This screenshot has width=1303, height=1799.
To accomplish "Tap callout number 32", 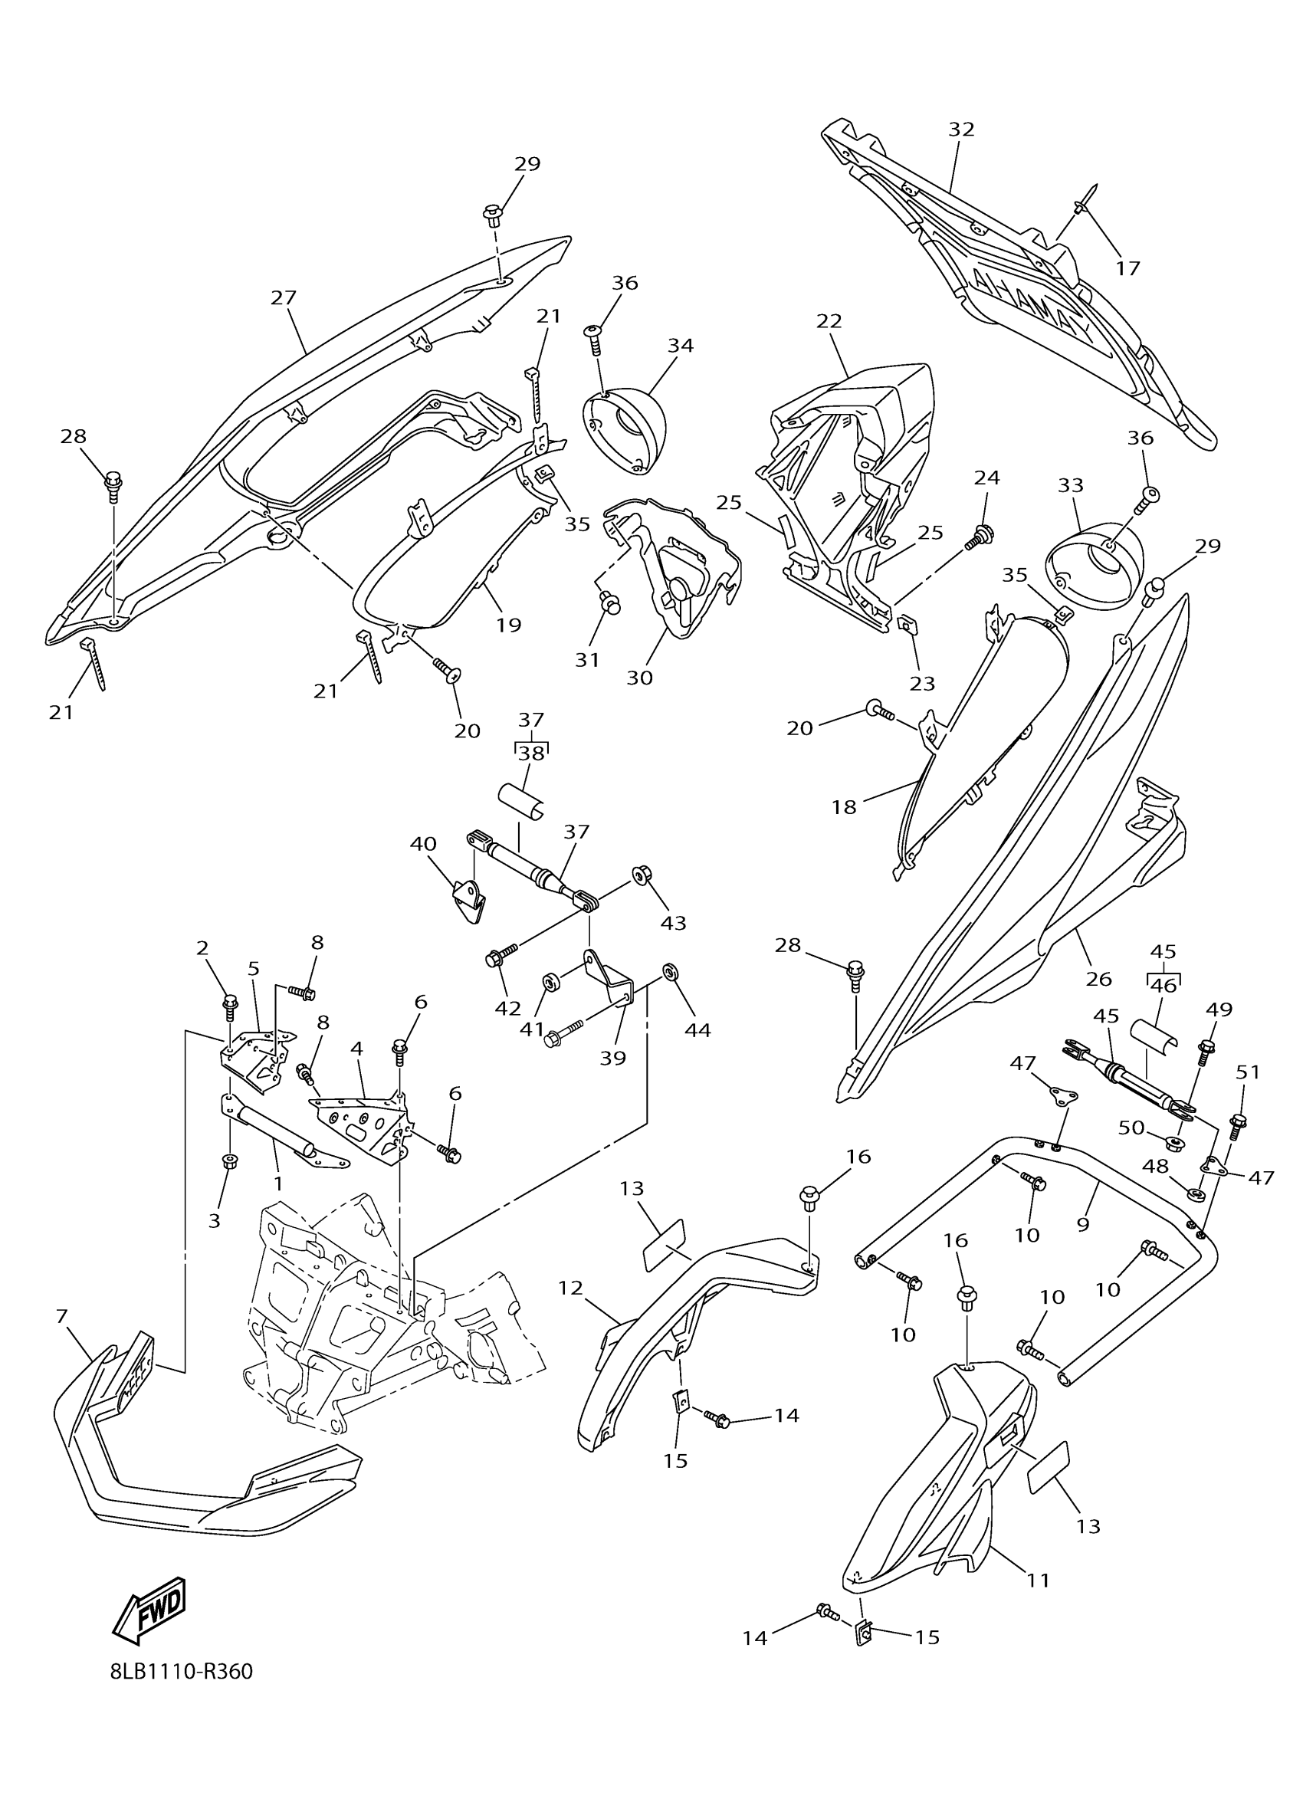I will pyautogui.click(x=961, y=130).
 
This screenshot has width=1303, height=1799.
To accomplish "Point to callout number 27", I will pyautogui.click(x=283, y=297).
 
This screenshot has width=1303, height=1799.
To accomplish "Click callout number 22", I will pyautogui.click(x=829, y=320).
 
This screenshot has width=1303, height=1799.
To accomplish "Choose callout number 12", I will pyautogui.click(x=570, y=1289).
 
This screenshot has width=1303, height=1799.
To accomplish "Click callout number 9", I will pyautogui.click(x=1083, y=1224).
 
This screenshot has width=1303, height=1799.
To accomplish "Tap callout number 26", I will pyautogui.click(x=1098, y=980).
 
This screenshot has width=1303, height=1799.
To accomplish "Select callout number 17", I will pyautogui.click(x=1127, y=268).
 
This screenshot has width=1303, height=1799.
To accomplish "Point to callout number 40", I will pyautogui.click(x=424, y=843).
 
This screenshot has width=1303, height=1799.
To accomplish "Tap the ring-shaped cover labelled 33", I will pyautogui.click(x=1097, y=565).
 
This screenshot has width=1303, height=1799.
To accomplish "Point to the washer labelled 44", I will pyautogui.click(x=669, y=973).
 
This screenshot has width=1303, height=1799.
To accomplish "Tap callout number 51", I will pyautogui.click(x=1248, y=1072).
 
